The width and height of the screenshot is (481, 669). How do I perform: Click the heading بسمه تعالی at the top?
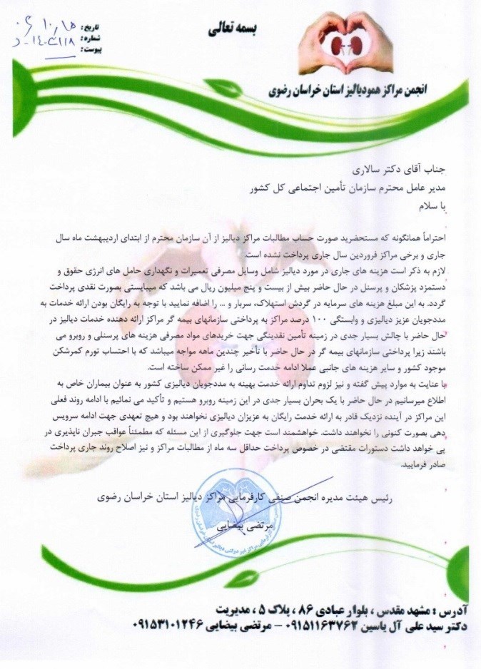(x=233, y=30)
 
